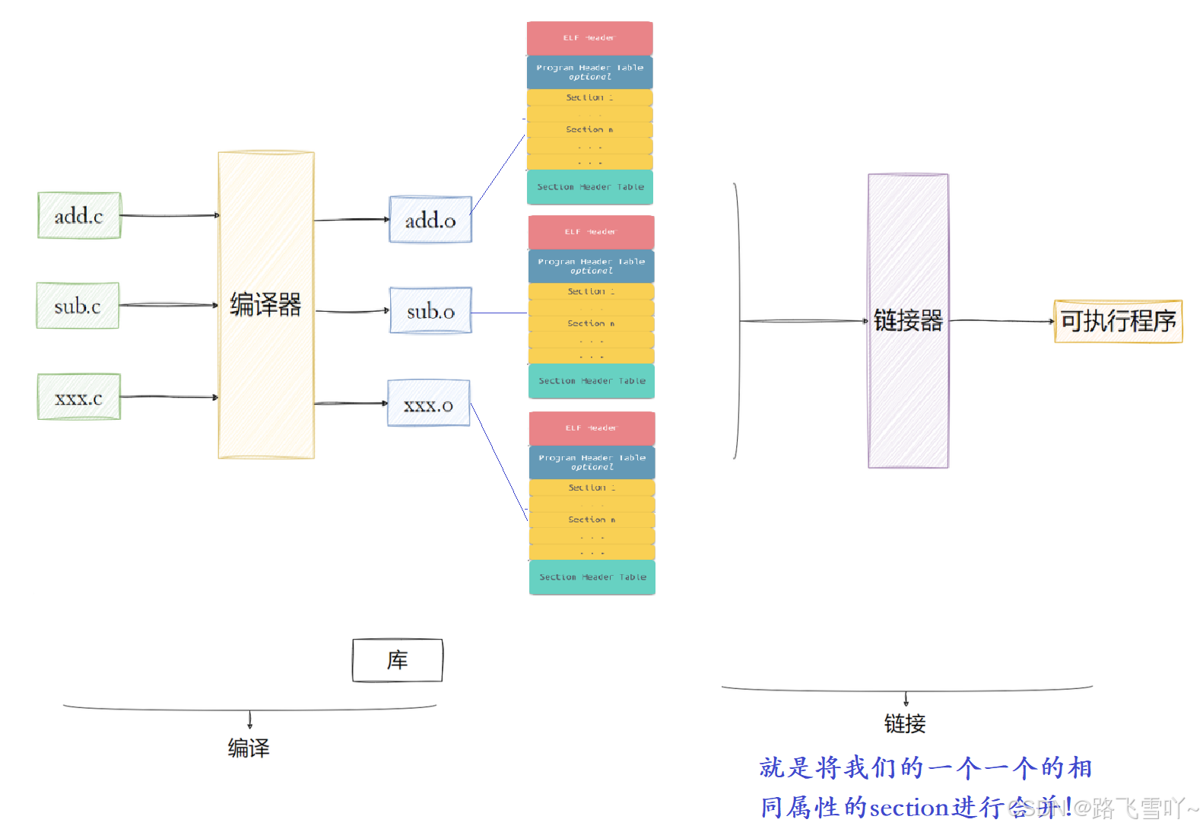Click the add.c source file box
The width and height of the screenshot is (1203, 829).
(79, 216)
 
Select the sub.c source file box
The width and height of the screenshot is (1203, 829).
(78, 306)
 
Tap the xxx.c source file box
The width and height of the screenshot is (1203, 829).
(79, 397)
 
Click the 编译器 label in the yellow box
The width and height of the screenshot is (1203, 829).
(265, 304)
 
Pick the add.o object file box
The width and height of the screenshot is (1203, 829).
(430, 220)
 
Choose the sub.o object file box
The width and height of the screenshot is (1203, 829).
(430, 310)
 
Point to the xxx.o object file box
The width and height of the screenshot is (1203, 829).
(429, 404)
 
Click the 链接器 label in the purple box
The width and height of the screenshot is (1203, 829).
(908, 320)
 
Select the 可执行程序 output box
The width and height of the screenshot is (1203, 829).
(1118, 321)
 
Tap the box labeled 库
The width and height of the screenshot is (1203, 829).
(398, 660)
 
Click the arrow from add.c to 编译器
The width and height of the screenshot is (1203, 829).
(170, 216)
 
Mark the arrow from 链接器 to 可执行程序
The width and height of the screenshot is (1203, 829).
(1001, 321)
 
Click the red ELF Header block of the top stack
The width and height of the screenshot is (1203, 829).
(589, 38)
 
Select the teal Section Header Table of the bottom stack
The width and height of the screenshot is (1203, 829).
(592, 577)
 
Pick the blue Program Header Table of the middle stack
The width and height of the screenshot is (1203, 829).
(591, 265)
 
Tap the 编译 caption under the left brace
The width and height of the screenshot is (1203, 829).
(249, 748)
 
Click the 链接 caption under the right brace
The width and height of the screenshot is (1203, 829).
(905, 723)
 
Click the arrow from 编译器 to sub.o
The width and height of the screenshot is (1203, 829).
(351, 311)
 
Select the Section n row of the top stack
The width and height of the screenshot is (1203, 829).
(589, 130)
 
